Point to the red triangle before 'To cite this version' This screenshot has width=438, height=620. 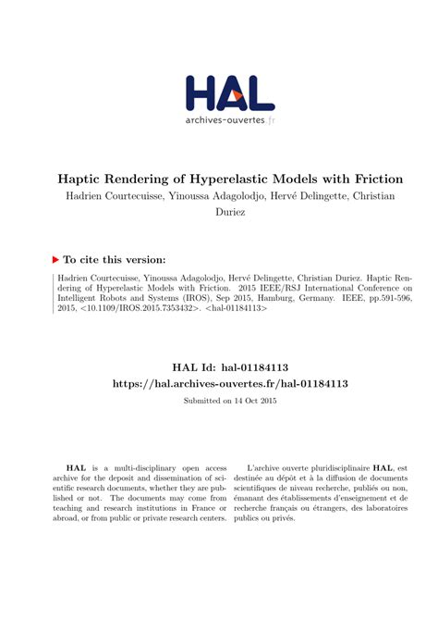[55, 260]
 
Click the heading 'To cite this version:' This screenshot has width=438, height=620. [115, 260]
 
